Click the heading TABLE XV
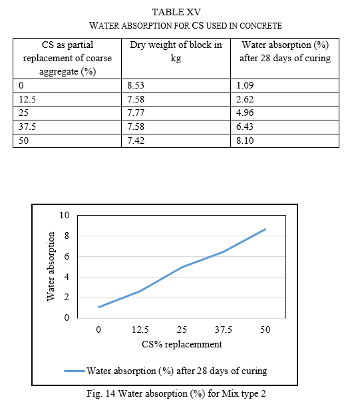176,12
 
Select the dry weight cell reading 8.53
136,85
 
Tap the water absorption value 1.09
245,85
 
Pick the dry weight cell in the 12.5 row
136,99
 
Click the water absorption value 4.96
245,112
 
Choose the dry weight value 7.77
136,112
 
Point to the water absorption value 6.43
245,126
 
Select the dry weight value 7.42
136,140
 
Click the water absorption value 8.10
245,140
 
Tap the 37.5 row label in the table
27,126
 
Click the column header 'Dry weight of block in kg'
176,51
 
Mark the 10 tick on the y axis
65,215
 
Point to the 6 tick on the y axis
67,256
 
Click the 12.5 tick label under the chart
140,329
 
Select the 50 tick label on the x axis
266,329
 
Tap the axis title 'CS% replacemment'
182,344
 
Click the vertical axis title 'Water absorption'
51,266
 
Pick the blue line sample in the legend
75,371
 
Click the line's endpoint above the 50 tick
266,229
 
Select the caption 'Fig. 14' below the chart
101,394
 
